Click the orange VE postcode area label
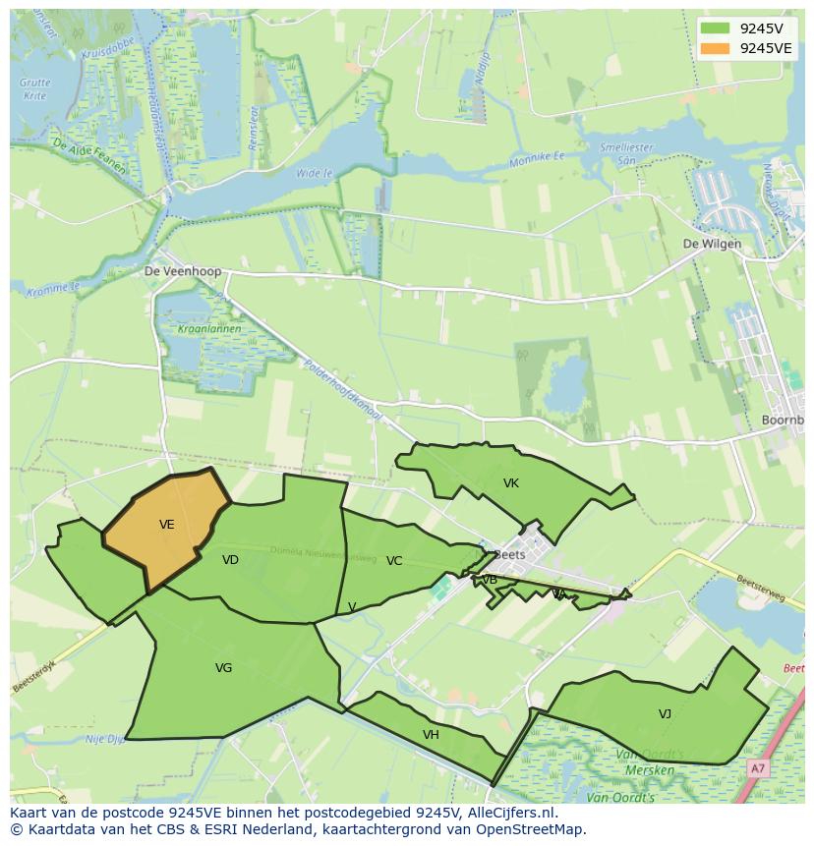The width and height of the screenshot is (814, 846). coord(167,525)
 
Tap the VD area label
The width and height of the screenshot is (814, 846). coord(230,560)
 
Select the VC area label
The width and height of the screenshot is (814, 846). coord(394,561)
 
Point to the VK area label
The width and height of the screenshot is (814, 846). coord(511,483)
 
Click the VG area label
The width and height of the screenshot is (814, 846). coord(224,668)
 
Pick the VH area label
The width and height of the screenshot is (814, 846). coord(431,735)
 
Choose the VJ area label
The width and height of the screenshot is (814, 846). coord(666,714)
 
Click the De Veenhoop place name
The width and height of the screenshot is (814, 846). coord(183,271)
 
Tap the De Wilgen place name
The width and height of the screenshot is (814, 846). coord(713,245)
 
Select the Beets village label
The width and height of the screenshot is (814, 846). coord(510,554)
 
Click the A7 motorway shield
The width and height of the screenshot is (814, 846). coord(757,768)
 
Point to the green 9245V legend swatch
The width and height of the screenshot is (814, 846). coord(716,28)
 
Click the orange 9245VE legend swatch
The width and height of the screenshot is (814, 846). coord(716,48)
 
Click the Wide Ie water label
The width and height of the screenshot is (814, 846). coord(315,173)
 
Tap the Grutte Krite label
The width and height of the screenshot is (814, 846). coord(34,89)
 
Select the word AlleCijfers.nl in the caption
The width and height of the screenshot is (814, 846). coord(510,813)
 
